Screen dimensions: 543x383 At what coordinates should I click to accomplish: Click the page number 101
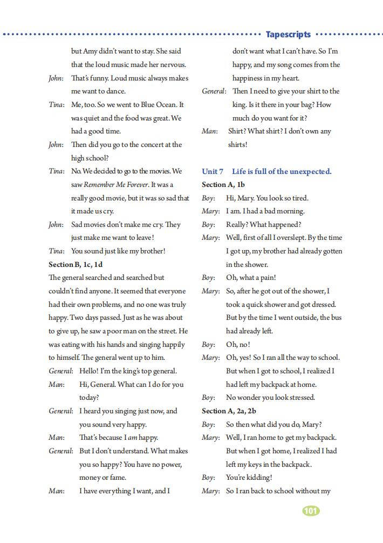click(311, 511)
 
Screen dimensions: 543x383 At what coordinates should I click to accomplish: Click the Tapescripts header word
click(288, 35)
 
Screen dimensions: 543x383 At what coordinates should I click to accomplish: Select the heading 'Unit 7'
click(213, 172)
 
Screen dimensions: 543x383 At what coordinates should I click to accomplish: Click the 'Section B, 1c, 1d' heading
click(76, 265)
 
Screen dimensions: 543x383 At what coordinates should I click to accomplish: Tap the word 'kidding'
click(259, 478)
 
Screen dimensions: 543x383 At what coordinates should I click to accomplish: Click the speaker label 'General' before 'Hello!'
click(60, 371)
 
